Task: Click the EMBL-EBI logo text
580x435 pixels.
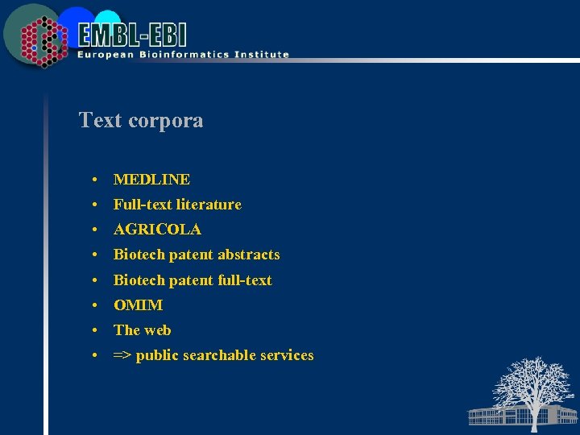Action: pyautogui.click(x=133, y=34)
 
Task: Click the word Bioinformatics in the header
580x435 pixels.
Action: pyautogui.click(x=173, y=55)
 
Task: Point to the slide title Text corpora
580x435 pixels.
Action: pyautogui.click(x=141, y=121)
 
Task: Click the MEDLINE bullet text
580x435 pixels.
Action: pyautogui.click(x=151, y=180)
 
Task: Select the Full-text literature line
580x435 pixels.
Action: pyautogui.click(x=177, y=205)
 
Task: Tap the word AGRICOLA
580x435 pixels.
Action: pyautogui.click(x=157, y=230)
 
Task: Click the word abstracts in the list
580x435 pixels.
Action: pyautogui.click(x=248, y=255)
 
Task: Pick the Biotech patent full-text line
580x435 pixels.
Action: pyautogui.click(x=193, y=280)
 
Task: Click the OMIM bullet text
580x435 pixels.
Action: pyautogui.click(x=138, y=305)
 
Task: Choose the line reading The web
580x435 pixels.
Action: pyautogui.click(x=142, y=330)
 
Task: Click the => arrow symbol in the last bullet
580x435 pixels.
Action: pyautogui.click(x=122, y=355)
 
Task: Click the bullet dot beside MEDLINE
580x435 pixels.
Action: pyautogui.click(x=95, y=180)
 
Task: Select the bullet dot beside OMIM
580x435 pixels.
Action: pyautogui.click(x=95, y=305)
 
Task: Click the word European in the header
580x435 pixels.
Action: pyautogui.click(x=105, y=55)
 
